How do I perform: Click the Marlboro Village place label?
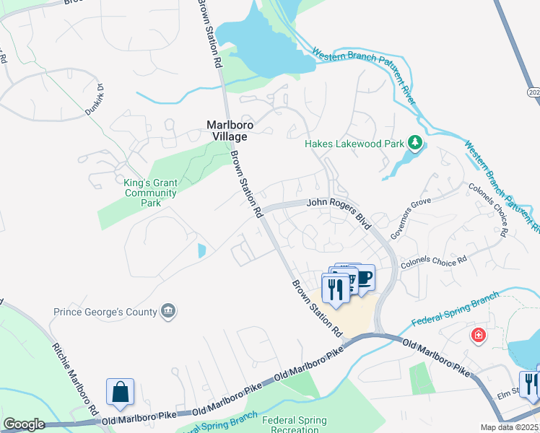227,130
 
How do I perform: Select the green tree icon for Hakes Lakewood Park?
414,143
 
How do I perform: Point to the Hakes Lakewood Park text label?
354,144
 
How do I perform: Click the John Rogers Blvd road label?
339,213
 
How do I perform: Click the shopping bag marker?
121,392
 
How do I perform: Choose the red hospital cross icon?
477,335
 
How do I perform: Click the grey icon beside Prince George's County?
168,312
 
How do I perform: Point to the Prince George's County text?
105,312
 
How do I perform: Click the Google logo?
24,424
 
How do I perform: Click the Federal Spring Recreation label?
294,424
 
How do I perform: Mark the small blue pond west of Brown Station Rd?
201,250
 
